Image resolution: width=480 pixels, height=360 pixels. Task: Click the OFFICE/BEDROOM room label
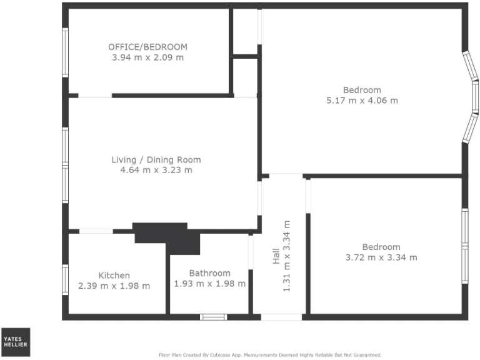click(x=147, y=47)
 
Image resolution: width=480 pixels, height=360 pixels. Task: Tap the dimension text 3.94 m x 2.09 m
click(x=147, y=57)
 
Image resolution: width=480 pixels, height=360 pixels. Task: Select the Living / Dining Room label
click(x=156, y=160)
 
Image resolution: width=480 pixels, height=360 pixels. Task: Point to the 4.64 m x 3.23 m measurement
click(x=156, y=170)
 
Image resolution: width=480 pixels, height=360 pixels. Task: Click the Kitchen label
click(x=114, y=276)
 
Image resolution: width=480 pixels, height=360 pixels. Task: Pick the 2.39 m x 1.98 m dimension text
click(x=114, y=286)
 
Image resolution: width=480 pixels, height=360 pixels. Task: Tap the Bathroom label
click(x=209, y=273)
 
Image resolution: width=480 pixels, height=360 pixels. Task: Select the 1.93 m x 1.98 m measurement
click(x=209, y=284)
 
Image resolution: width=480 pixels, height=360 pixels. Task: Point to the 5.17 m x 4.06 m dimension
click(x=362, y=100)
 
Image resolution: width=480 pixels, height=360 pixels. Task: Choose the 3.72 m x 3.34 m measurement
click(x=381, y=257)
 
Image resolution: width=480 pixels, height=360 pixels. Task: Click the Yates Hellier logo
click(x=15, y=342)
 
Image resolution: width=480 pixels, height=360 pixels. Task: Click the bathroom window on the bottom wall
click(x=213, y=317)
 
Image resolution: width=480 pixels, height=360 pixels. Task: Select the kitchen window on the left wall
click(x=65, y=279)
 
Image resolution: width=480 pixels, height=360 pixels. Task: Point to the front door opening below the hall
click(x=281, y=317)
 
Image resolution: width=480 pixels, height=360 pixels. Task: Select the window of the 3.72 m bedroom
click(x=465, y=246)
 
